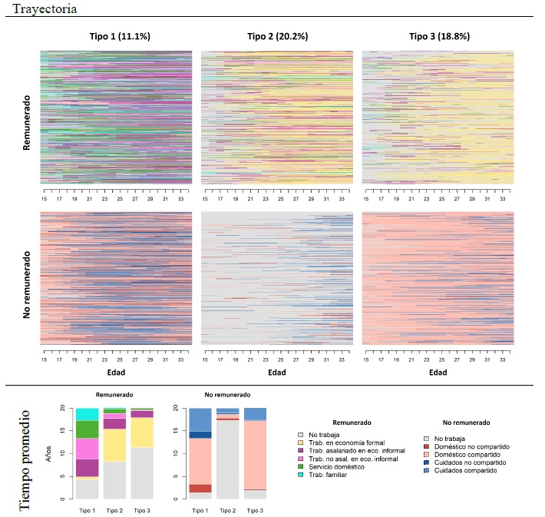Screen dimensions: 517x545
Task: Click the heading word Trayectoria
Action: click(44, 8)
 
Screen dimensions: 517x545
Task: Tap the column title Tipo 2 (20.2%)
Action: click(277, 36)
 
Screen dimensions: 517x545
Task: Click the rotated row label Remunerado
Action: click(27, 122)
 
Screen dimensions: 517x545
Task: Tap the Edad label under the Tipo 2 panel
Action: click(277, 373)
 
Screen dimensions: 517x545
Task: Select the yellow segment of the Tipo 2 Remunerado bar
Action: click(114, 442)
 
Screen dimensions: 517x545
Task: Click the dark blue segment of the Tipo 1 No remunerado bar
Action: click(200, 435)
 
